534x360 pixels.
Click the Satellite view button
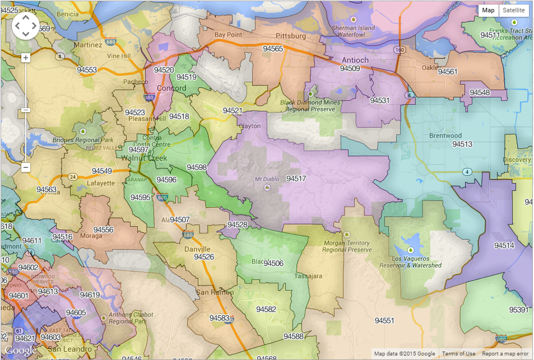pos(514,10)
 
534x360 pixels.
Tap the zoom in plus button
pos(25,58)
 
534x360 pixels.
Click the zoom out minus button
pos(25,167)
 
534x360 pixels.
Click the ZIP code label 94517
pos(296,179)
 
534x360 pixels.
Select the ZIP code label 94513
pos(462,144)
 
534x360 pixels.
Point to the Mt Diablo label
pos(266,179)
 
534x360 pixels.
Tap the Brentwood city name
pos(445,135)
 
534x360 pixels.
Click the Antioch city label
pos(355,60)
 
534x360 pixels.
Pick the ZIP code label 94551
pos(384,321)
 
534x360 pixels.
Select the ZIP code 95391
pos(518,310)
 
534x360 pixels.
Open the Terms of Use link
pos(458,353)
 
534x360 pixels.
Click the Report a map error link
pos(505,353)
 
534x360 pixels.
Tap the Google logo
pos(21,350)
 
